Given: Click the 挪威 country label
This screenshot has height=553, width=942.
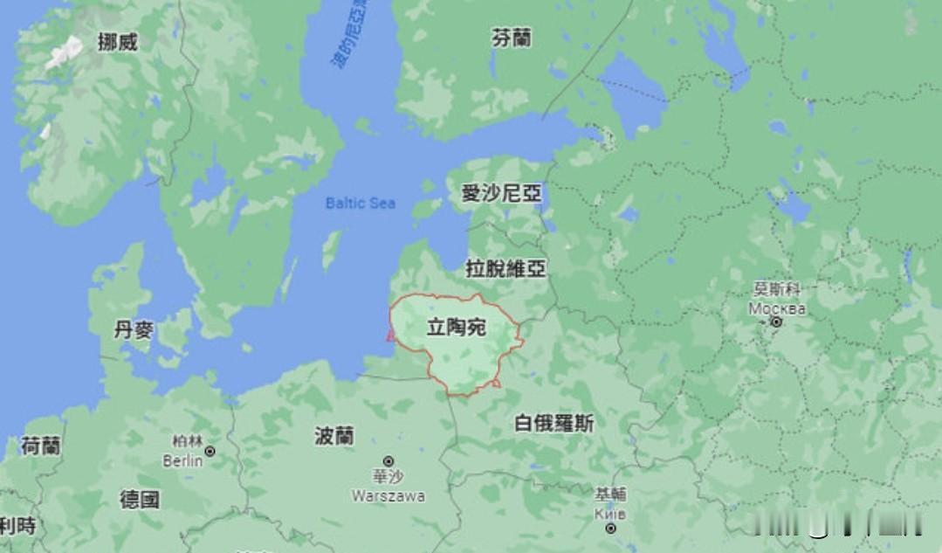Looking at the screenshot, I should [117, 41].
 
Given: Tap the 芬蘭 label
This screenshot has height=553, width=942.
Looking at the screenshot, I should [511, 38].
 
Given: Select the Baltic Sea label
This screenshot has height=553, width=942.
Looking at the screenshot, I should [360, 203].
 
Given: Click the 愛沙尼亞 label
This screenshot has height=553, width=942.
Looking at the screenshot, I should [501, 194].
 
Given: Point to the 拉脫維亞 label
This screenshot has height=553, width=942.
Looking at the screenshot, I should [505, 269].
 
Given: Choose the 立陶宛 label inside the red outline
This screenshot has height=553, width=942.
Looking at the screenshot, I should [456, 328].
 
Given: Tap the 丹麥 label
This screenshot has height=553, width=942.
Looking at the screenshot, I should [134, 330].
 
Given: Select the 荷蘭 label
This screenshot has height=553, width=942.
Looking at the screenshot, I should [40, 446].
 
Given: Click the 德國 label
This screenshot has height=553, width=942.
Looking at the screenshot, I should [140, 500].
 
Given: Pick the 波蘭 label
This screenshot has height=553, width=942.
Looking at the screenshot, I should [334, 436].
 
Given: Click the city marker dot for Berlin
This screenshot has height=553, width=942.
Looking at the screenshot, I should [210, 452].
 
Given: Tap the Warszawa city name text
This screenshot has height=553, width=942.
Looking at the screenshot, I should [388, 495].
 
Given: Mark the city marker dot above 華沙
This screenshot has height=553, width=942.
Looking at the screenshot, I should [388, 460].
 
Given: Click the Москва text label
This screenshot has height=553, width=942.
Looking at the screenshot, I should [777, 308].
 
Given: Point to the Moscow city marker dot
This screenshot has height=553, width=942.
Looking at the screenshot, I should [776, 322].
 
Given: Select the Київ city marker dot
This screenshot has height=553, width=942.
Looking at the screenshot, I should [610, 528].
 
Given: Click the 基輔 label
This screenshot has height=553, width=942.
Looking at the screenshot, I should [610, 494].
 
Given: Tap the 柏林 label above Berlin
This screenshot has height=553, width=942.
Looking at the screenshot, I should [187, 440].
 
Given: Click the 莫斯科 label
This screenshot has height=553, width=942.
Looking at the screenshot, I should [777, 289].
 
